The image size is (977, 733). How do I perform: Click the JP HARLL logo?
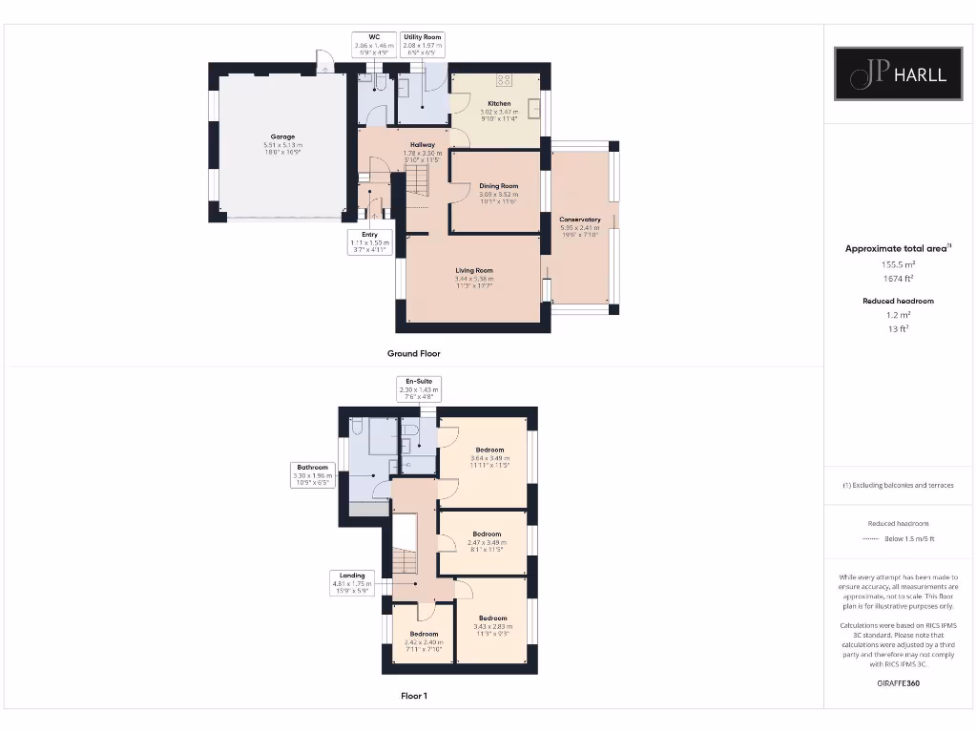click(x=901, y=74)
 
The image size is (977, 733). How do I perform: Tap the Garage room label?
click(x=282, y=136)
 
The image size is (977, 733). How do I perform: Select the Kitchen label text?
click(x=499, y=103)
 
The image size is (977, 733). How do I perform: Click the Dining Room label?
click(x=498, y=186)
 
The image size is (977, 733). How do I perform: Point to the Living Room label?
click(x=474, y=270)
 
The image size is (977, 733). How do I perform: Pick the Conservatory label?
click(x=580, y=220)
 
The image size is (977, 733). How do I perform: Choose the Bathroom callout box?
click(x=312, y=475)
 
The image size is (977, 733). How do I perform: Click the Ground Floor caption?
click(x=413, y=353)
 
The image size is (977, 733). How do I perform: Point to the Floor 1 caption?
click(x=413, y=696)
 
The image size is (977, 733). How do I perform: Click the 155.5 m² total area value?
click(x=898, y=263)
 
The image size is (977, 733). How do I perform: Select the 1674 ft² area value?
click(x=898, y=279)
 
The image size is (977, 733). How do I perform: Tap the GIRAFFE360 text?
click(x=898, y=683)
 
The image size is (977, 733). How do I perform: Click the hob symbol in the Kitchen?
click(x=505, y=81)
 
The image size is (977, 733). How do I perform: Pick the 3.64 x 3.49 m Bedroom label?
click(x=489, y=450)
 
